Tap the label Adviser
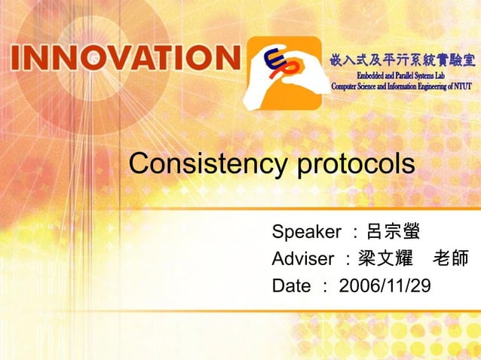pyautogui.click(x=302, y=259)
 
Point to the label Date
pyautogui.click(x=290, y=286)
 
